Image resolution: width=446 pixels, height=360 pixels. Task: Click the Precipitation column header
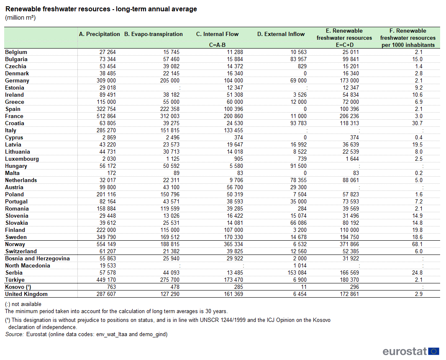[x=99, y=34]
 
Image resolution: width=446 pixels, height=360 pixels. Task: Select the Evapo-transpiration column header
[x=153, y=34]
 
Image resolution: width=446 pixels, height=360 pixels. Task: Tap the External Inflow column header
[x=281, y=34]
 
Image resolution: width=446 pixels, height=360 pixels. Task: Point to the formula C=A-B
[x=217, y=45]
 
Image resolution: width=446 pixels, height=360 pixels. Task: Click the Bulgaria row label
[x=16, y=59]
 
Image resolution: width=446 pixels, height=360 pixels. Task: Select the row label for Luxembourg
[x=22, y=159]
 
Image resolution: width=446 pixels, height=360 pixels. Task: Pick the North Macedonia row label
[x=28, y=265]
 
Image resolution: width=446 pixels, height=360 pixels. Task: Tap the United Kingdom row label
[x=26, y=294]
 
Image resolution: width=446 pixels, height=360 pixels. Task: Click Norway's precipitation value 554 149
[x=106, y=244]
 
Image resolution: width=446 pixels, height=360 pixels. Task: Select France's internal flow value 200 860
[x=233, y=116]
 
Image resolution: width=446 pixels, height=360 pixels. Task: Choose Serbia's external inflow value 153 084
[x=297, y=273]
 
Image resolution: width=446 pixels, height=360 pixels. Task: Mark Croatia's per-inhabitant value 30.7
[x=417, y=123]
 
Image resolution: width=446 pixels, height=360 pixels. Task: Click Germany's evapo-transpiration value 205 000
[x=169, y=80]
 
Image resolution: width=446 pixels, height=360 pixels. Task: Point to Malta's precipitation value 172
[x=111, y=173]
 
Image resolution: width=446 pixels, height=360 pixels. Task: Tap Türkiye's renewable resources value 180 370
[x=349, y=280]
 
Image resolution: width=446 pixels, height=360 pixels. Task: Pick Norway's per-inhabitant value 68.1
[x=417, y=244]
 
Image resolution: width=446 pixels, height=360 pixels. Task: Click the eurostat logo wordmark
[x=405, y=352]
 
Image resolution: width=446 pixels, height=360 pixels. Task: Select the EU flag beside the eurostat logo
[x=434, y=352]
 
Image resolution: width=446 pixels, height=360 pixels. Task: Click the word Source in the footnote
[x=14, y=334]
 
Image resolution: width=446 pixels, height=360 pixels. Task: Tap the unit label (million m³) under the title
[x=20, y=18]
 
